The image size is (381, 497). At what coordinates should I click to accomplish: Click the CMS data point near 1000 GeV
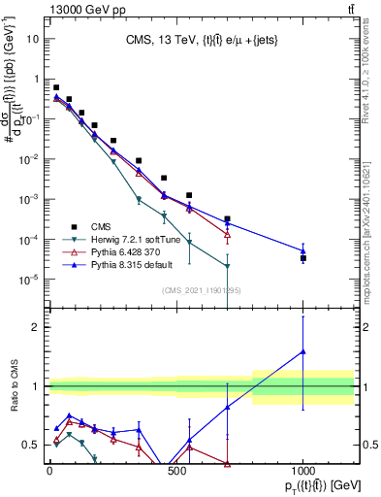[x=303, y=258]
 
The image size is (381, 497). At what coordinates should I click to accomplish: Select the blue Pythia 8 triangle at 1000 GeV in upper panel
[x=303, y=250]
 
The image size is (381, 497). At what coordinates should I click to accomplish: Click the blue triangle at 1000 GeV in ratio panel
[x=303, y=351]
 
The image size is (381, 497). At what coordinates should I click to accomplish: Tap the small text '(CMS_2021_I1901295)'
[x=201, y=290]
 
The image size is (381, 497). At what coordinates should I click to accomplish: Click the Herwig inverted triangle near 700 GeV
[x=227, y=266]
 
